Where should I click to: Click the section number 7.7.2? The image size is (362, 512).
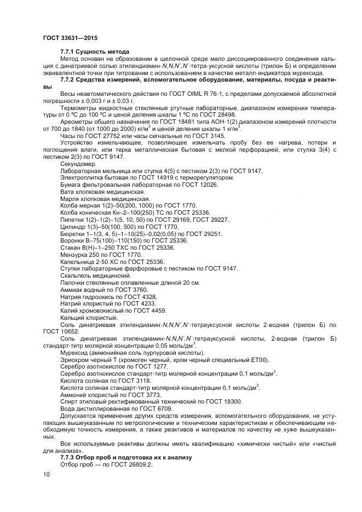(x=68, y=80)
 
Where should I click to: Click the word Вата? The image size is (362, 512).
(x=67, y=192)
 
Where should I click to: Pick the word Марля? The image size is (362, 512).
(x=70, y=199)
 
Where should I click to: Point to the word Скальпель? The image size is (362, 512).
(x=76, y=275)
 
